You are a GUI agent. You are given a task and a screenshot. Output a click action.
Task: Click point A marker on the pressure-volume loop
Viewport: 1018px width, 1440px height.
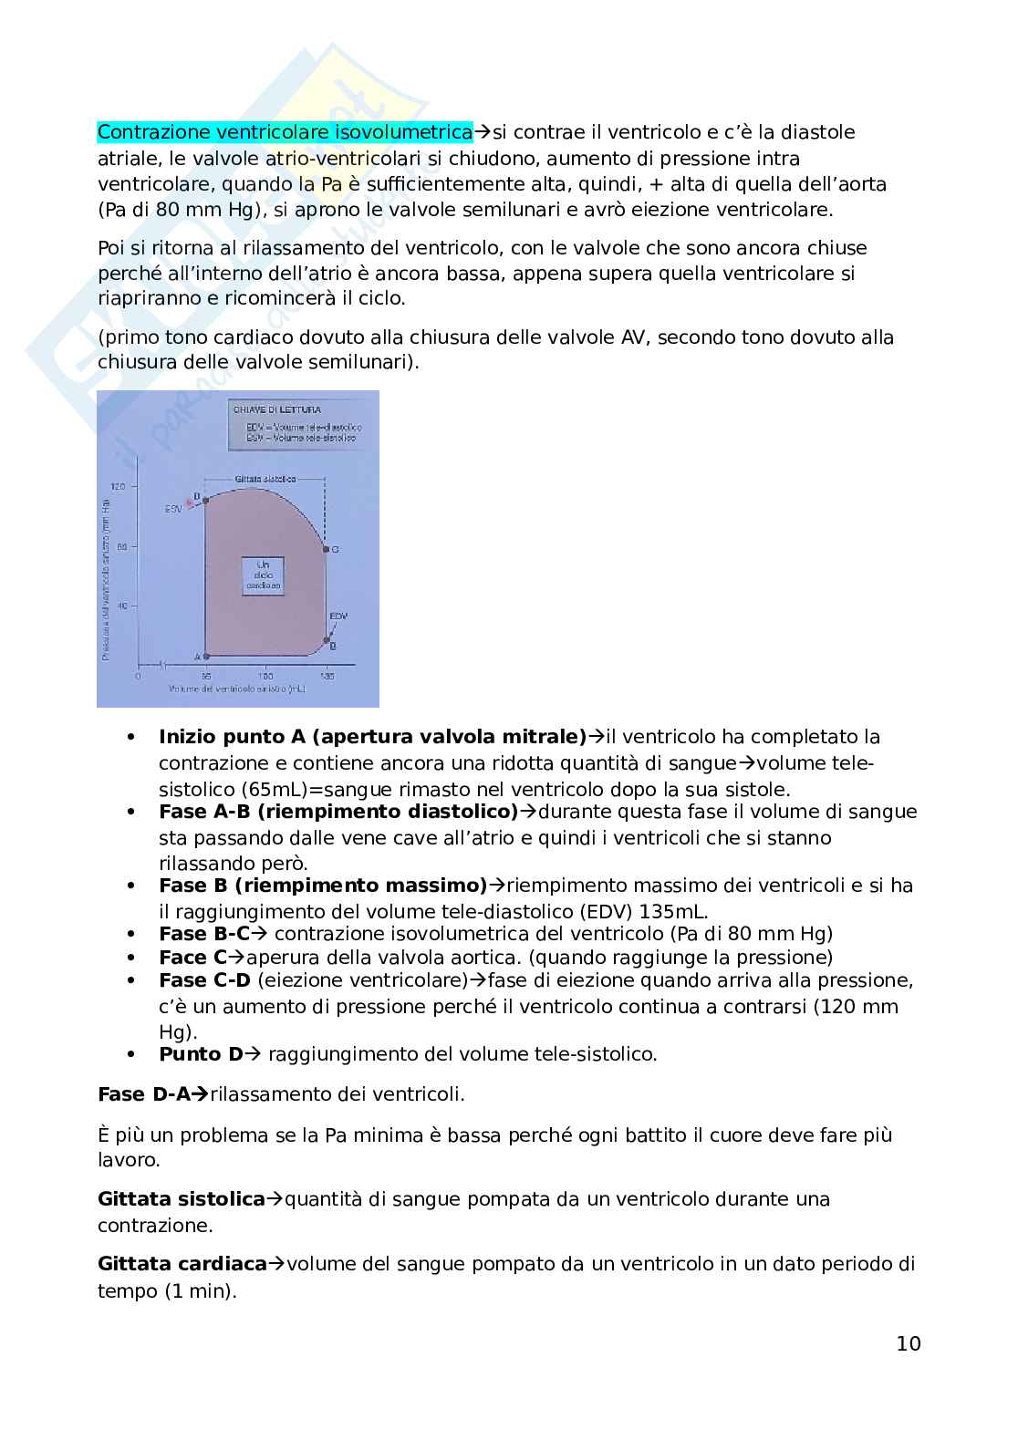pos(206,656)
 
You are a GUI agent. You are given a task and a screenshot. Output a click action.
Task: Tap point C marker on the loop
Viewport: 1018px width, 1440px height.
pos(326,549)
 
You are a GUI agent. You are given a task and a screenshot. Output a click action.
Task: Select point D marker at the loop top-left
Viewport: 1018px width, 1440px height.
pos(205,500)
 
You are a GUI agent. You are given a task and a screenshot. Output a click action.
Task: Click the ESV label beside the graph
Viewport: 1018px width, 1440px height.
pos(173,508)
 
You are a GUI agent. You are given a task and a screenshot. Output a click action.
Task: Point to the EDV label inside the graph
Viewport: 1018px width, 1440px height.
pos(338,616)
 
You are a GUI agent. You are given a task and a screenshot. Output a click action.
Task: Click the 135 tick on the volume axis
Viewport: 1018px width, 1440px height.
pos(326,677)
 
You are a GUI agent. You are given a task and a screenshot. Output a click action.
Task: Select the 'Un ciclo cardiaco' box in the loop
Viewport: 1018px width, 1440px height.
pos(264,576)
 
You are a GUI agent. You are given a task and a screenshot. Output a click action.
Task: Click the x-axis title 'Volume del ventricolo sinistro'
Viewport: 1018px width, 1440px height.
pos(236,690)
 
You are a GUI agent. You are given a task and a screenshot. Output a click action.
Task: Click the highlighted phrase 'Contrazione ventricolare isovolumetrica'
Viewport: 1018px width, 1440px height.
pos(285,132)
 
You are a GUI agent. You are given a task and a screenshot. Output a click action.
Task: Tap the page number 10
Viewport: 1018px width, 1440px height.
pos(909,1343)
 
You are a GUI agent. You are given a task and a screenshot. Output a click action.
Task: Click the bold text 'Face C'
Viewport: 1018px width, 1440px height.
pos(192,958)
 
